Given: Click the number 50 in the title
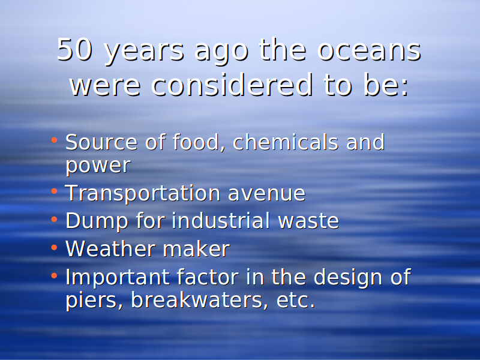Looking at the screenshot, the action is [74, 49].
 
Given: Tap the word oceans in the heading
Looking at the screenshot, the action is [369, 50].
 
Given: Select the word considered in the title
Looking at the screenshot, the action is [232, 85].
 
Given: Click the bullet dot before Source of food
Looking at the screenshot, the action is [54, 140].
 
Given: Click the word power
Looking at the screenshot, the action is [98, 166].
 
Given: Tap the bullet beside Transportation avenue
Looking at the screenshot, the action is [54, 191].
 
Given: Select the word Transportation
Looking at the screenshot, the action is [143, 193].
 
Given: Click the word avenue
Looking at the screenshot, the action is [266, 194].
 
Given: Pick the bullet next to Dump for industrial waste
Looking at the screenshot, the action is [54, 219].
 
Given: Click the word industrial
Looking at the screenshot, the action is [221, 220].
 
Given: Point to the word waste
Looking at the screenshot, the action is [308, 221].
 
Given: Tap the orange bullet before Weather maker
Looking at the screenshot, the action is [54, 247].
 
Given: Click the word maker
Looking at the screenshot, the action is [196, 248].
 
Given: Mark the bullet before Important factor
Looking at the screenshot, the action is [54, 275].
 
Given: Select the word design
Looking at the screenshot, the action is [348, 278].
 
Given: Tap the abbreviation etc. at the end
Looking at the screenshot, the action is [296, 300].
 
